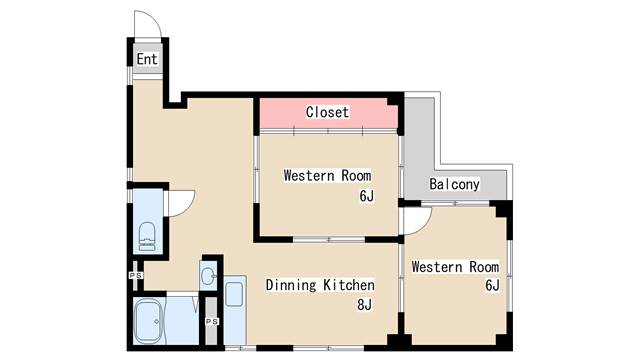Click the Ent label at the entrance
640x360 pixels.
tap(147, 59)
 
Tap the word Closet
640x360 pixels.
tap(327, 112)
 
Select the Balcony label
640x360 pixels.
tap(454, 184)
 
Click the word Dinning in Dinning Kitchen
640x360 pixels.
tap(291, 285)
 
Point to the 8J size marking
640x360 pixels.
tap(364, 304)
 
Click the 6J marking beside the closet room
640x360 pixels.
tap(367, 196)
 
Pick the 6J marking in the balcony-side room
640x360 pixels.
tap(492, 285)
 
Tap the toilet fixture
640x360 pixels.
tap(147, 236)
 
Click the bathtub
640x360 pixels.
tap(149, 321)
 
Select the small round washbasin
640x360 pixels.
tap(209, 276)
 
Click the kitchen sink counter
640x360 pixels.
tap(235, 310)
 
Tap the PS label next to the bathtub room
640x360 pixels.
tap(212, 322)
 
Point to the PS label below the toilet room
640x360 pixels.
tap(136, 276)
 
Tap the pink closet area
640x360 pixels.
tap(329, 113)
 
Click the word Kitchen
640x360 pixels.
tap(349, 285)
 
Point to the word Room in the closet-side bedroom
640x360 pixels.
tap(356, 176)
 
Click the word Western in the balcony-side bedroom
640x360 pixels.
tap(437, 267)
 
